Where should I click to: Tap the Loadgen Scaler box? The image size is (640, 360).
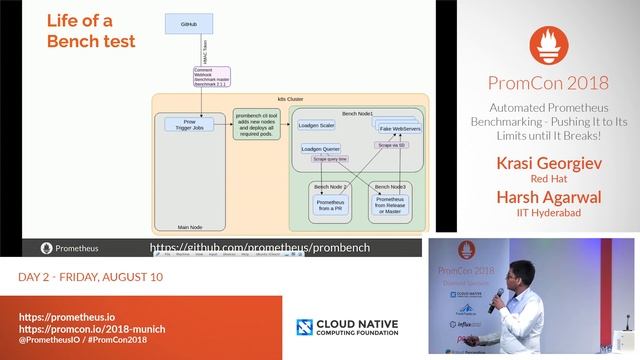point(320,126)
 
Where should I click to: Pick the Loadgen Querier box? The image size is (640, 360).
point(321,149)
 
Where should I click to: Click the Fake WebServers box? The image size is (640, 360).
point(398,129)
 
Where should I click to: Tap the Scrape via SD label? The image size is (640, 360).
point(391,146)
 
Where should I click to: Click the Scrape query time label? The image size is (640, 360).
point(329,159)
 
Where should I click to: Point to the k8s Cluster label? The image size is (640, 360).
point(289,101)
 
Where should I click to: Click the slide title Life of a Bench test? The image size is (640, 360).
point(90,31)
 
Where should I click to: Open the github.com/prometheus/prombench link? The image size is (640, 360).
point(260,247)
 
